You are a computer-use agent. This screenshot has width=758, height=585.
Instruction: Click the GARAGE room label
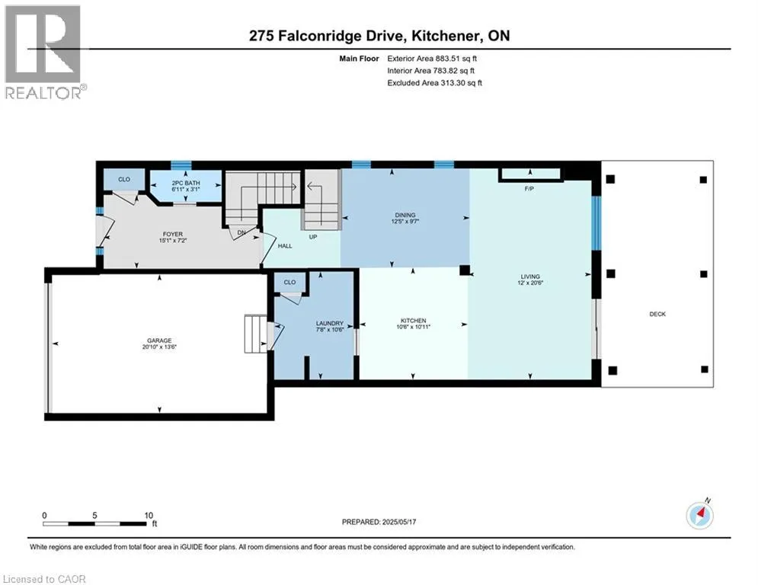[159, 340]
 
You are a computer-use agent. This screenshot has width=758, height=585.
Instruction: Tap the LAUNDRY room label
[330, 324]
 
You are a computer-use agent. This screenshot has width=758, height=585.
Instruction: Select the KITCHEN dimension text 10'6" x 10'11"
[414, 327]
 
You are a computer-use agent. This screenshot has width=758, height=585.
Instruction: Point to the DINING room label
[405, 215]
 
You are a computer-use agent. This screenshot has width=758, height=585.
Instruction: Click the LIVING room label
[530, 277]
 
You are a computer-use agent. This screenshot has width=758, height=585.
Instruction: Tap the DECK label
[657, 315]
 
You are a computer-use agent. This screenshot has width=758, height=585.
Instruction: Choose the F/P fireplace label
[529, 189]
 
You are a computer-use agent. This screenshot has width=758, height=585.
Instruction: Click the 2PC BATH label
[186, 184]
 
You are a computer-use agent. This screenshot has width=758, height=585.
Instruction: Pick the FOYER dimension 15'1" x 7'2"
[173, 240]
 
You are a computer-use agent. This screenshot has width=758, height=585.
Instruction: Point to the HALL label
[285, 246]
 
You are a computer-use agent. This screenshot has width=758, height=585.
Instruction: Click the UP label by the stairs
[313, 238]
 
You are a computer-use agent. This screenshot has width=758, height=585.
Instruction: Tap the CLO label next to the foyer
[124, 179]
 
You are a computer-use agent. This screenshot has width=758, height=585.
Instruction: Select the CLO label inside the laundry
[289, 283]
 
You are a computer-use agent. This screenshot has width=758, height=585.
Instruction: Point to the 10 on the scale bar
[149, 516]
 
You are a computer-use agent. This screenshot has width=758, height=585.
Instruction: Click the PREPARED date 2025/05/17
[399, 522]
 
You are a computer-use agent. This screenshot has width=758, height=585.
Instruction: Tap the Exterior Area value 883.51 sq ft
[456, 59]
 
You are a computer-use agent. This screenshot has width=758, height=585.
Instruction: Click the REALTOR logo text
[43, 93]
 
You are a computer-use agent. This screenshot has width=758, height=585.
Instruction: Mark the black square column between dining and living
[464, 270]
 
